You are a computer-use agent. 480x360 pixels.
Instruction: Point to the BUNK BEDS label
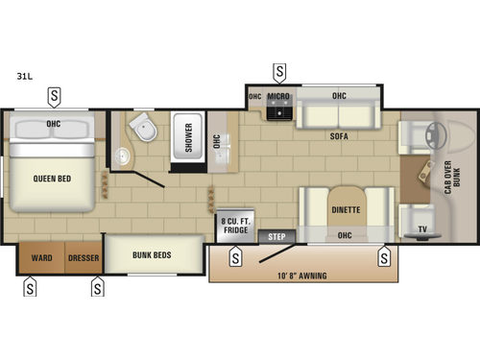pos(153,254)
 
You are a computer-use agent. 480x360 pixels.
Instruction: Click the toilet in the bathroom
pos(143,128)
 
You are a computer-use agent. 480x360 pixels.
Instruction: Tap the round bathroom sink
pos(123,156)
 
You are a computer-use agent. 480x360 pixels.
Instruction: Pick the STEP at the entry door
pos(276,235)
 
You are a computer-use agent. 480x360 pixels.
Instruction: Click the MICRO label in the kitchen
pos(278,96)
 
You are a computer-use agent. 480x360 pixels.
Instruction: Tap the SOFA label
pos(337,136)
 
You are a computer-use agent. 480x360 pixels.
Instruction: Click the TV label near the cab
pos(422,228)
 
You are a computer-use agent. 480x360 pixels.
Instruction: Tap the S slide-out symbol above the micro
pos(279,71)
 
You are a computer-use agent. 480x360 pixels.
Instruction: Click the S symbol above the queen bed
pos(55,95)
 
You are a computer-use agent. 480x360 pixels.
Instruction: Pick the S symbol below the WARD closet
pos(31,286)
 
